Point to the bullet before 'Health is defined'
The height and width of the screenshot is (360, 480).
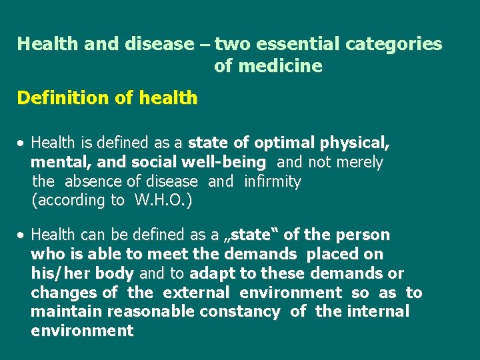click(x=22, y=143)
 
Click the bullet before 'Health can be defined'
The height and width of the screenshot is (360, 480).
click(x=22, y=235)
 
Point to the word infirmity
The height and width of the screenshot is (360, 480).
click(x=273, y=181)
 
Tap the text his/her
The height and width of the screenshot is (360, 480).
click(x=56, y=273)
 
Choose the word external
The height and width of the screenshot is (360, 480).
click(x=196, y=293)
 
